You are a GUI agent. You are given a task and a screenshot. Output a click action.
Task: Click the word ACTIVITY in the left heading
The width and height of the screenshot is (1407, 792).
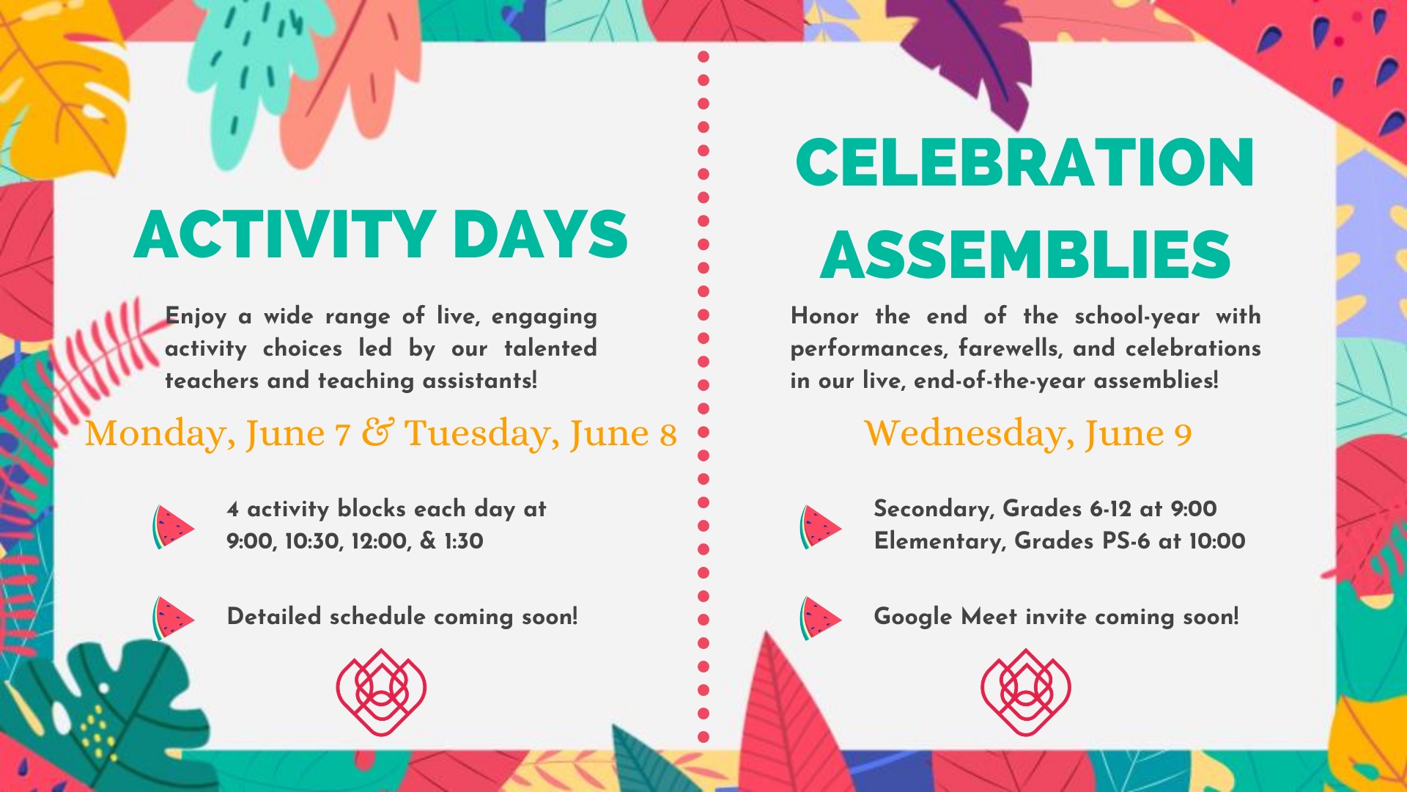286,235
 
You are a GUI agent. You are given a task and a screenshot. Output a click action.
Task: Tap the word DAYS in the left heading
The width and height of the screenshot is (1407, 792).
541,235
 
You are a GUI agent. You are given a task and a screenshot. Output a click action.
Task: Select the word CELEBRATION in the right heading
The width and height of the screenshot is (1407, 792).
1025,163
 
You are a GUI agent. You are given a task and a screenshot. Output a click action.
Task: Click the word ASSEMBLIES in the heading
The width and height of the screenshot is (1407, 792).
1025,254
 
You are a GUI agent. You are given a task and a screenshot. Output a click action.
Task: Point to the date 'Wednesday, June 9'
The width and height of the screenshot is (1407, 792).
1028,433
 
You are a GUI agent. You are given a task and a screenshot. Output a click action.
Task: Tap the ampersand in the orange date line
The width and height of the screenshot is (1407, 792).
378,433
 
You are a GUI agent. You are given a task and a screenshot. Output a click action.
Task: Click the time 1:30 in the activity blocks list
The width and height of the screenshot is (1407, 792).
464,541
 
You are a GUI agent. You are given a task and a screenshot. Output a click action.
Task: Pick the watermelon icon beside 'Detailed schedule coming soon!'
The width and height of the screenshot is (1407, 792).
173,617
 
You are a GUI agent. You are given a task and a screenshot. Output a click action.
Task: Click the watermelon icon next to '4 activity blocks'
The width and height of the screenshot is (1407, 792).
173,527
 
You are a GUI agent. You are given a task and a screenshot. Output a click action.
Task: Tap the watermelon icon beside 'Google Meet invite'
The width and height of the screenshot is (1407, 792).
820,617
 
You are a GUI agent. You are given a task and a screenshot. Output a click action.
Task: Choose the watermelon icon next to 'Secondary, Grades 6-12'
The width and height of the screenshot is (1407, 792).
820,527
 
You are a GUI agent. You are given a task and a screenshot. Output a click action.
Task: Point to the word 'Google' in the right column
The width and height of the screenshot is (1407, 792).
913,617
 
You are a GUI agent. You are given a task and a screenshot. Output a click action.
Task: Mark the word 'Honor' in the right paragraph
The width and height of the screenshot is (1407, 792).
824,316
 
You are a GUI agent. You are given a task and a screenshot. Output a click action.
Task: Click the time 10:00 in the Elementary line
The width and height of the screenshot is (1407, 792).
1217,541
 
